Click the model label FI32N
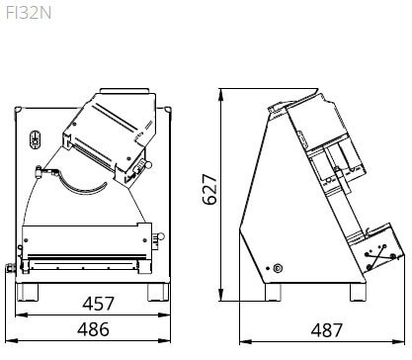pos(29,14)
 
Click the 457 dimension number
pos(98,304)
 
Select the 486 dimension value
pos(93,329)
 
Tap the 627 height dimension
pos(209,190)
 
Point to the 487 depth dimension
pos(327,330)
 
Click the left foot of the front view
pos(28,292)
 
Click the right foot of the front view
pos(158,292)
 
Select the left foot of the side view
pos(273,292)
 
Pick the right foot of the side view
pos(358,292)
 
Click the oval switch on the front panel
pos(35,140)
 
